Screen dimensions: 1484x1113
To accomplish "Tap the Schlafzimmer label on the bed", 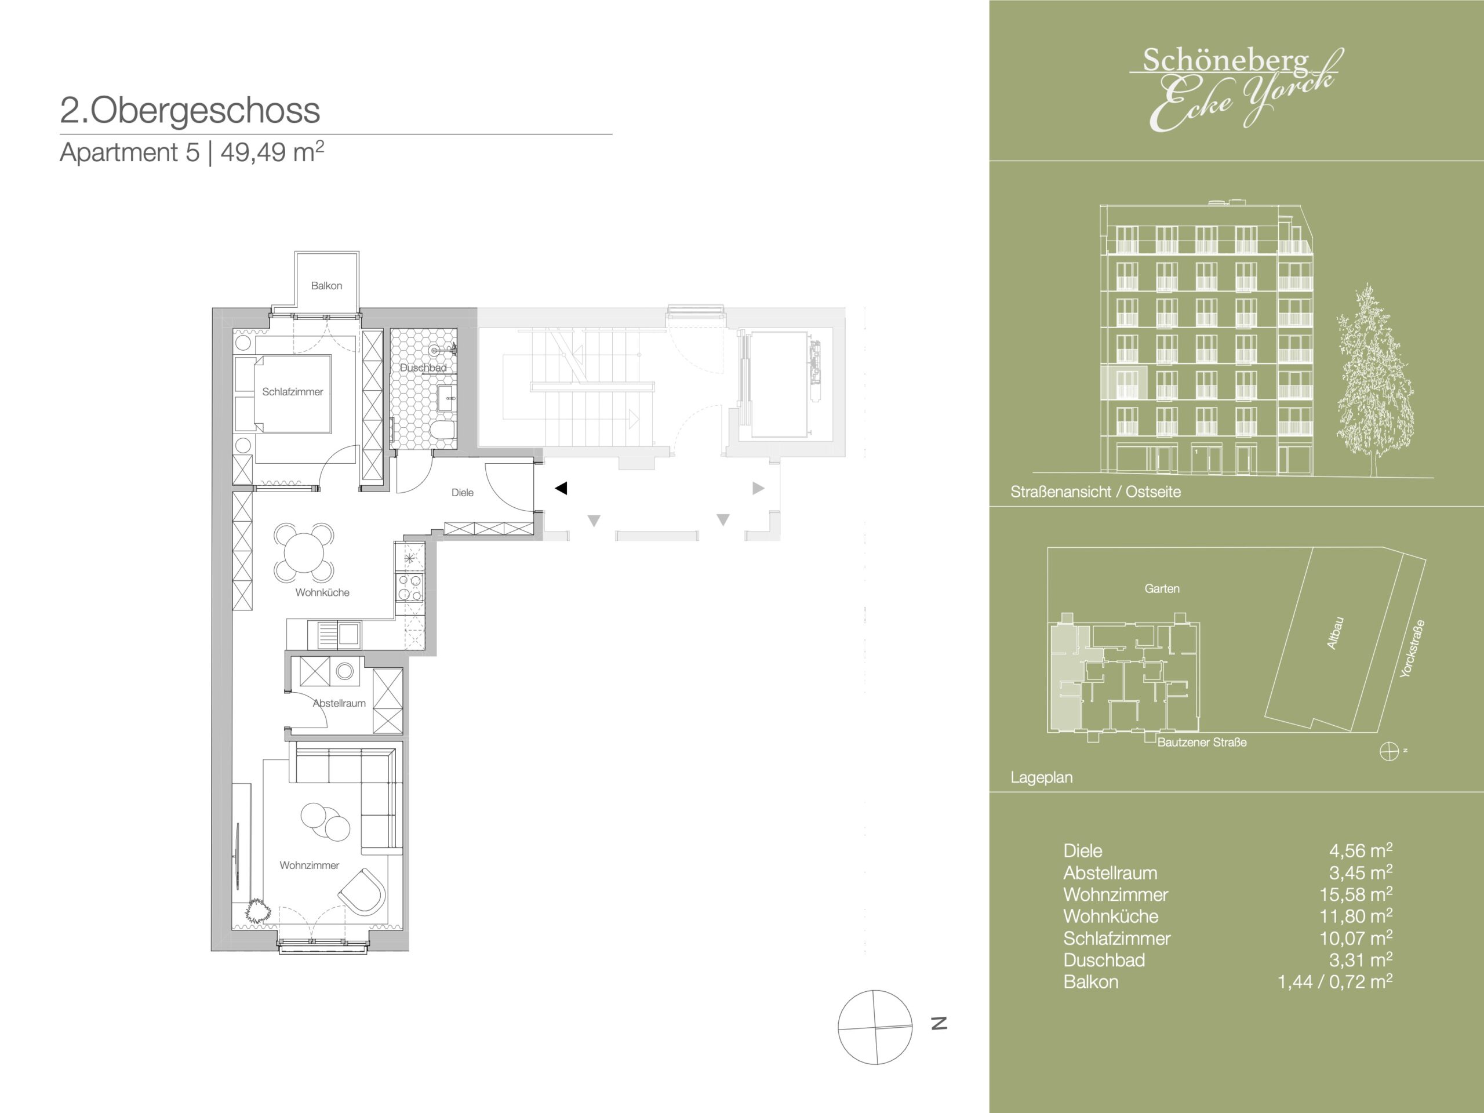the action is (293, 392).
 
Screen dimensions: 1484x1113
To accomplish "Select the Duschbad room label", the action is (423, 368).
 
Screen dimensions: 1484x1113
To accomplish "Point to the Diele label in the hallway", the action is (462, 492).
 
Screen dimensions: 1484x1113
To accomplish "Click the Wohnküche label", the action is (322, 592).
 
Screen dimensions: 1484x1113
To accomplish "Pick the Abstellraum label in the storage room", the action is (340, 703).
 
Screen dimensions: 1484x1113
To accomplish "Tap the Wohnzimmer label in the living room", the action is (310, 865).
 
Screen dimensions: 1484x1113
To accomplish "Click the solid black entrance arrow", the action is (562, 489).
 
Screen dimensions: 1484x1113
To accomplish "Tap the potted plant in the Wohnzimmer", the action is (257, 910).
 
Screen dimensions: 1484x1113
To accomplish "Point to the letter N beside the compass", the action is (939, 1023).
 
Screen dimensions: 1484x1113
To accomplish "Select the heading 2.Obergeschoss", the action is (190, 110).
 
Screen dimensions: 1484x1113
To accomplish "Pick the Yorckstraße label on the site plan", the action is (1412, 648).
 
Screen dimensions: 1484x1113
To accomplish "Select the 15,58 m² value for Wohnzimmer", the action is (1356, 894).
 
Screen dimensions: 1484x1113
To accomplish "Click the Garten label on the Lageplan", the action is (1162, 588).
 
